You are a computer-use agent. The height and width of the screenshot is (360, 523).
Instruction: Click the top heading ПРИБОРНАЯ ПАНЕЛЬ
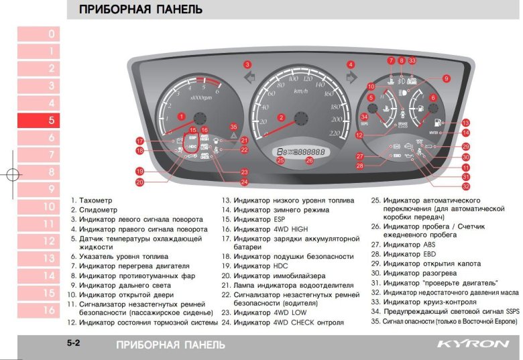pos(140,10)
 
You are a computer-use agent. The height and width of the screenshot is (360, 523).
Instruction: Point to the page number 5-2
pos(74,344)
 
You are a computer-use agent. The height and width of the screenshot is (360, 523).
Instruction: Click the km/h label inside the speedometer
pos(300,91)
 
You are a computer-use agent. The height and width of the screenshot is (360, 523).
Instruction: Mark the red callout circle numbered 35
pos(233,127)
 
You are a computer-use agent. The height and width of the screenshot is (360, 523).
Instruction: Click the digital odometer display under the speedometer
pos(301,152)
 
